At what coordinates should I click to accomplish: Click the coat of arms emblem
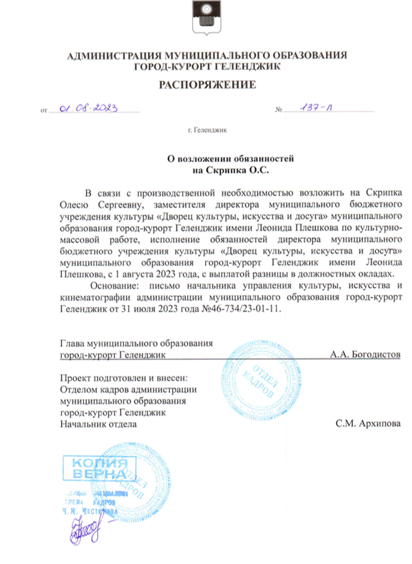pos(206,18)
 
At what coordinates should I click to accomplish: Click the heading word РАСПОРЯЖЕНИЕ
pos(207,85)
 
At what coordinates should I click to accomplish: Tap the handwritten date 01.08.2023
pos(89,108)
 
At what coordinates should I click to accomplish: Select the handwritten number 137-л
pos(316,108)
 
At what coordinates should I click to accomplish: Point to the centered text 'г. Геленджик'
pos(207,130)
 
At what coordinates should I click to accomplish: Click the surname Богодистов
pos(376,354)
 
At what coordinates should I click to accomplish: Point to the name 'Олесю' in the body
pos(74,204)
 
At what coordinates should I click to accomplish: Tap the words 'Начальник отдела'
pos(98,424)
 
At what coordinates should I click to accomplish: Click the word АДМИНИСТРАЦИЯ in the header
pos(113,55)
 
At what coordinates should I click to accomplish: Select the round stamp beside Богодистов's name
pos(262,380)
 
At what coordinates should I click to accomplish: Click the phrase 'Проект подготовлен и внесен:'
pos(124,378)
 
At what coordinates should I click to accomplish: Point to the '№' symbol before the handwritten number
pos(278,110)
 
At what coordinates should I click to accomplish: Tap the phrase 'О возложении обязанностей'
pos(231,159)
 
